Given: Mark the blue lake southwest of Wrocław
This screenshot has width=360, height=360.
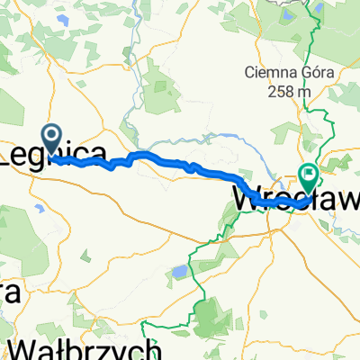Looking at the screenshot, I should coord(181,271).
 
